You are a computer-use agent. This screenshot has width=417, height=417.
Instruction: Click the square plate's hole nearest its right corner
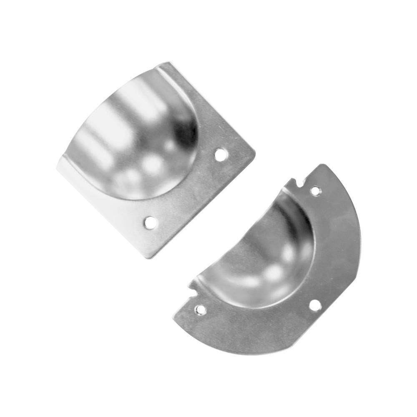point(221,155)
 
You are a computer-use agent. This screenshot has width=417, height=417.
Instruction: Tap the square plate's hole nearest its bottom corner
point(150,223)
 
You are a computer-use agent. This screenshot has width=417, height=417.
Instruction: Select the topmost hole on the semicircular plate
point(316,191)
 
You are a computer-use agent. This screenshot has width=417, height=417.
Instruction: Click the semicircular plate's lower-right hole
point(315,305)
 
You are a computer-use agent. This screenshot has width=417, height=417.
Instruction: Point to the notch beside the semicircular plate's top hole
point(299,183)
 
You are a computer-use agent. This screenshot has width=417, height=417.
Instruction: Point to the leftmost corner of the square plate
point(57,169)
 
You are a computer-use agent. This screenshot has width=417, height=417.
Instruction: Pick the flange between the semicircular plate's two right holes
point(329,250)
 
